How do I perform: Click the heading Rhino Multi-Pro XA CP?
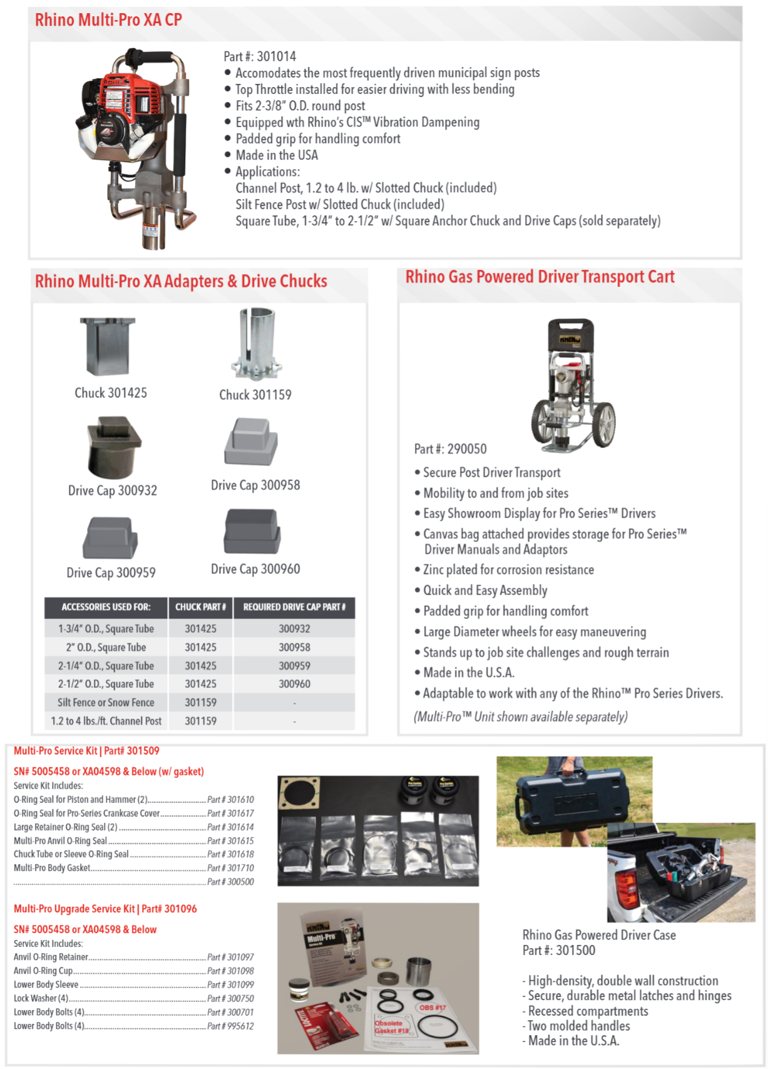(x=108, y=20)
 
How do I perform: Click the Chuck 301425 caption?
(x=111, y=393)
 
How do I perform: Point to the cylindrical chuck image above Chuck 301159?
(x=256, y=344)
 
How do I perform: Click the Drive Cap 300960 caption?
(x=255, y=569)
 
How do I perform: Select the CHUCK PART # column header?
(x=200, y=607)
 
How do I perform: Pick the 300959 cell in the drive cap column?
(x=294, y=666)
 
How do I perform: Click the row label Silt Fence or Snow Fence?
(x=106, y=703)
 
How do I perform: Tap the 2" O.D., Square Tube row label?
(x=106, y=647)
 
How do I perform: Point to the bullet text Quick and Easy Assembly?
(x=485, y=590)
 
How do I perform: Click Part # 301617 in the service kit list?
(x=230, y=814)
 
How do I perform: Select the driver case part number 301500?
(x=575, y=950)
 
